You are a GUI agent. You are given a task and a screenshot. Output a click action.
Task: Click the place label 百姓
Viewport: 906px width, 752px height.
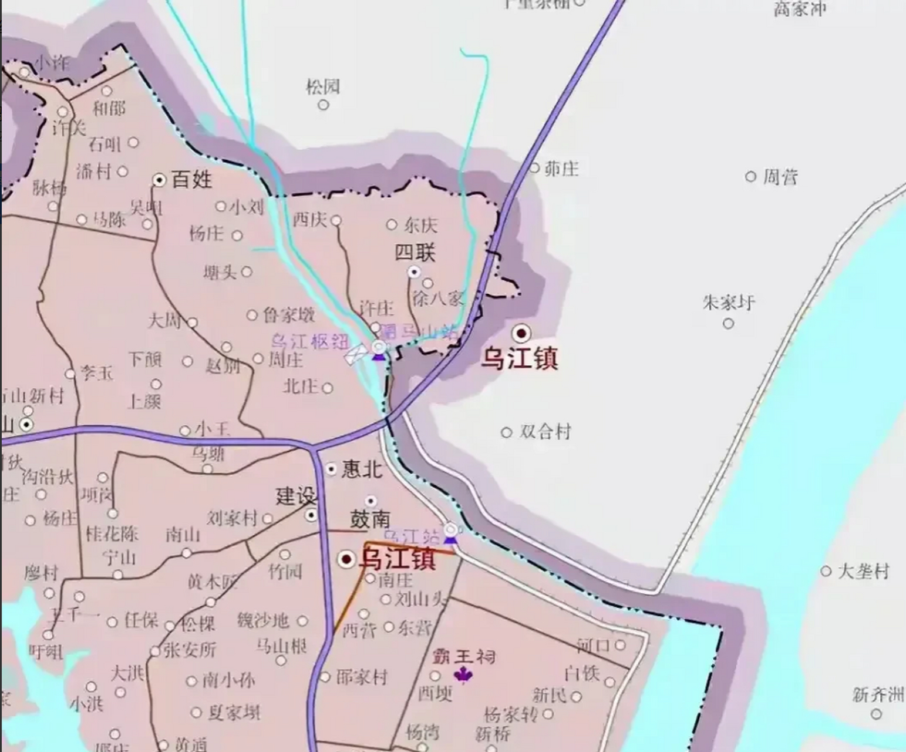[x=191, y=179]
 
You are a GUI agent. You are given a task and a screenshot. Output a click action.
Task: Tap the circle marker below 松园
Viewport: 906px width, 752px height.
[x=323, y=105]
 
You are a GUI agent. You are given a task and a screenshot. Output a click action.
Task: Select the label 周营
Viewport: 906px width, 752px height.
[x=780, y=177]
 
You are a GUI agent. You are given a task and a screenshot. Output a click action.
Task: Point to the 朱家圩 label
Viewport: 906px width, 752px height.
[x=728, y=303]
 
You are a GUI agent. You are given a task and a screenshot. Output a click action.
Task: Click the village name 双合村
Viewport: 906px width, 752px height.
[x=545, y=432]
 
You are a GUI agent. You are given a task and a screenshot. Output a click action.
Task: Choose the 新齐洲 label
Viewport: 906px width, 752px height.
[x=878, y=696]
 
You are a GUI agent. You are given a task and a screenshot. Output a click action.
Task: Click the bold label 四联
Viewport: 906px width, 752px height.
[x=415, y=253]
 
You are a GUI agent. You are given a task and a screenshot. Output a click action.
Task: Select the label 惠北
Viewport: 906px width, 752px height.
[x=362, y=469]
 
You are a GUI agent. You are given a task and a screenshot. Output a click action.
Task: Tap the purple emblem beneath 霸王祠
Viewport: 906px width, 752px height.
[x=463, y=675]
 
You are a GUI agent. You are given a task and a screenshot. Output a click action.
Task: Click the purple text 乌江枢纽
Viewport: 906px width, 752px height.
[x=310, y=341]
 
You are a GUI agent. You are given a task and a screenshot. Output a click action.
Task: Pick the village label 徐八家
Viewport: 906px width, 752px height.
[x=438, y=298]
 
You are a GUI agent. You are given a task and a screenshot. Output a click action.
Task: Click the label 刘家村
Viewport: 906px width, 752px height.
[x=232, y=518]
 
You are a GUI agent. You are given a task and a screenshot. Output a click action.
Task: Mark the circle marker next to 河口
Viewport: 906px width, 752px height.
[x=621, y=645]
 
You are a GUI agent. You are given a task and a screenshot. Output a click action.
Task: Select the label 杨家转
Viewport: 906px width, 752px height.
[x=510, y=715]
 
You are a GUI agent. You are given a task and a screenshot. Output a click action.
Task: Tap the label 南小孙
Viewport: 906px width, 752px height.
[x=228, y=681]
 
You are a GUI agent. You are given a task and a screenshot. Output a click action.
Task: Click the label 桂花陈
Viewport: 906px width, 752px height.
[x=112, y=533]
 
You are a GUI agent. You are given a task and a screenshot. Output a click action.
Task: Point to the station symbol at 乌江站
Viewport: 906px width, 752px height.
[x=450, y=531]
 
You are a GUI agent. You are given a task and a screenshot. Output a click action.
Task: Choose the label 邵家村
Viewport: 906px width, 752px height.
[x=362, y=677]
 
